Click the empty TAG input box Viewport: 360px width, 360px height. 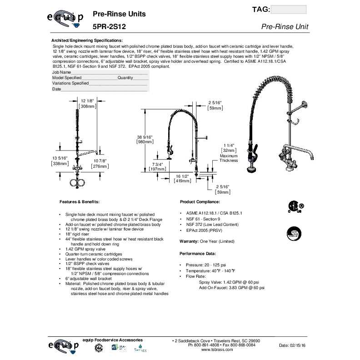(x=288, y=10)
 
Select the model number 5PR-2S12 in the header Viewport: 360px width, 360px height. (x=109, y=27)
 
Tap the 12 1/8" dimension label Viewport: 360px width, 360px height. (x=87, y=100)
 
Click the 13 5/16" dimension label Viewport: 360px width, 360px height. (x=60, y=158)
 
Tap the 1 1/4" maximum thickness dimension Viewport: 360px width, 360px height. (x=228, y=145)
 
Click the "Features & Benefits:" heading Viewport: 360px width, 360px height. (x=80, y=201)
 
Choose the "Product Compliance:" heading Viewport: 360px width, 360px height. (x=200, y=201)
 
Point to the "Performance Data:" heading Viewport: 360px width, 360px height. (x=198, y=253)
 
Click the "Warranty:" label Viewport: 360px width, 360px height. (x=190, y=241)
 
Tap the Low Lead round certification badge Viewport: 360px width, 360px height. (x=294, y=233)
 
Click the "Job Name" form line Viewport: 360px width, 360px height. (x=100, y=72)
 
